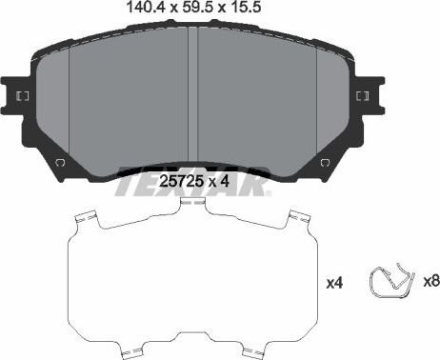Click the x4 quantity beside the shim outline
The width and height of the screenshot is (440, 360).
click(x=334, y=284)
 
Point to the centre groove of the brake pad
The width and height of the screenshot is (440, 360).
click(x=191, y=100)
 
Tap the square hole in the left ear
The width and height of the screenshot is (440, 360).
click(x=21, y=97)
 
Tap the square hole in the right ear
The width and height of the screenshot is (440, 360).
click(x=363, y=97)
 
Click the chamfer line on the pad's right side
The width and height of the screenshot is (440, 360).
click(x=314, y=105)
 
